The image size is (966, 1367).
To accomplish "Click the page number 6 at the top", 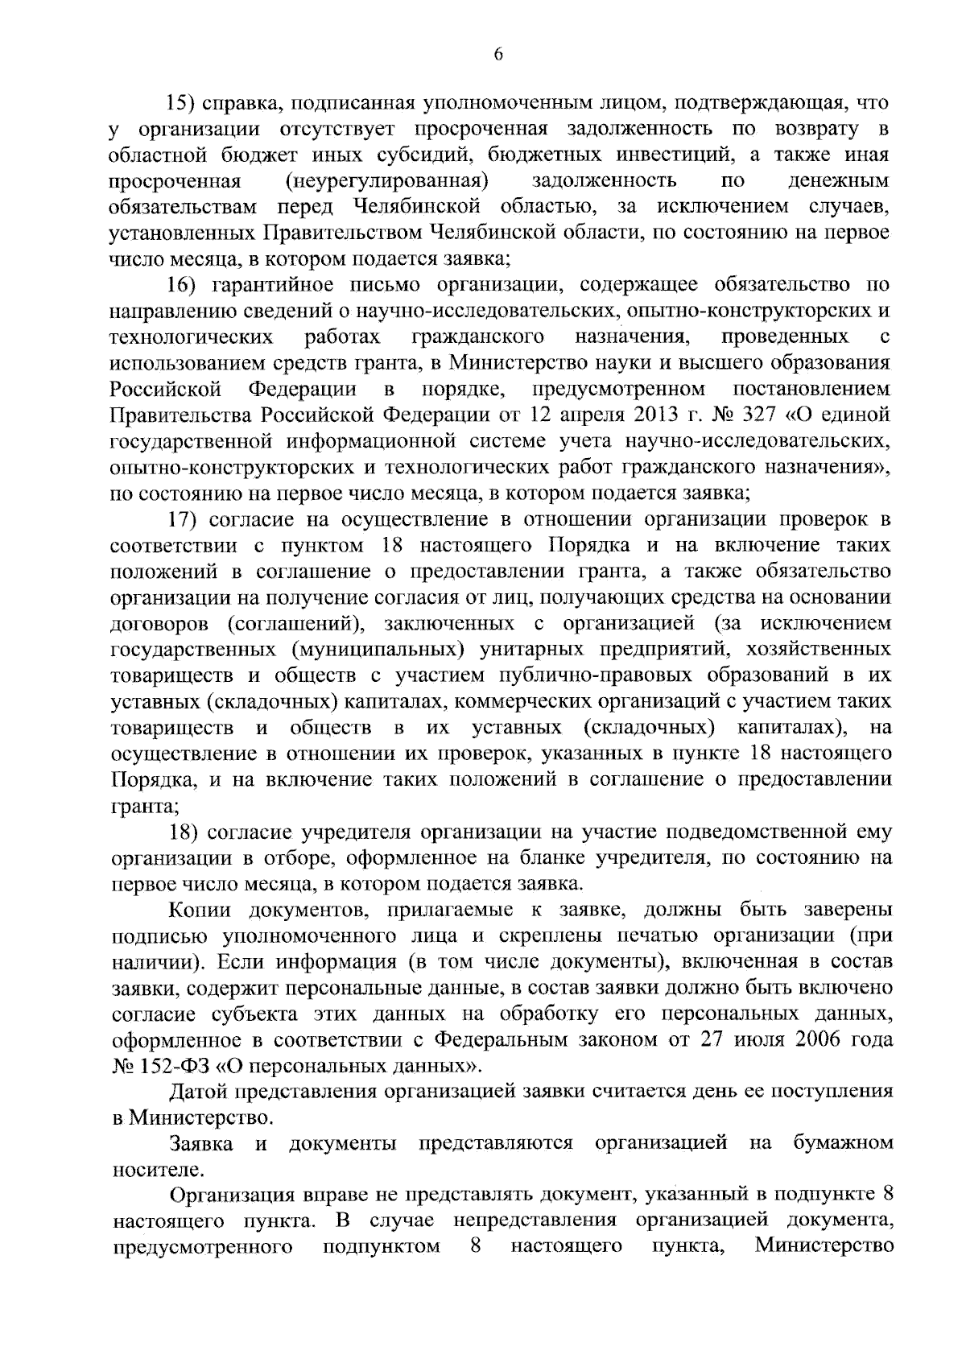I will (x=498, y=55).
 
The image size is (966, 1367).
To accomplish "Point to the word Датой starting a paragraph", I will (x=199, y=1092).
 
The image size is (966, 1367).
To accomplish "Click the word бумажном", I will (x=843, y=1143).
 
